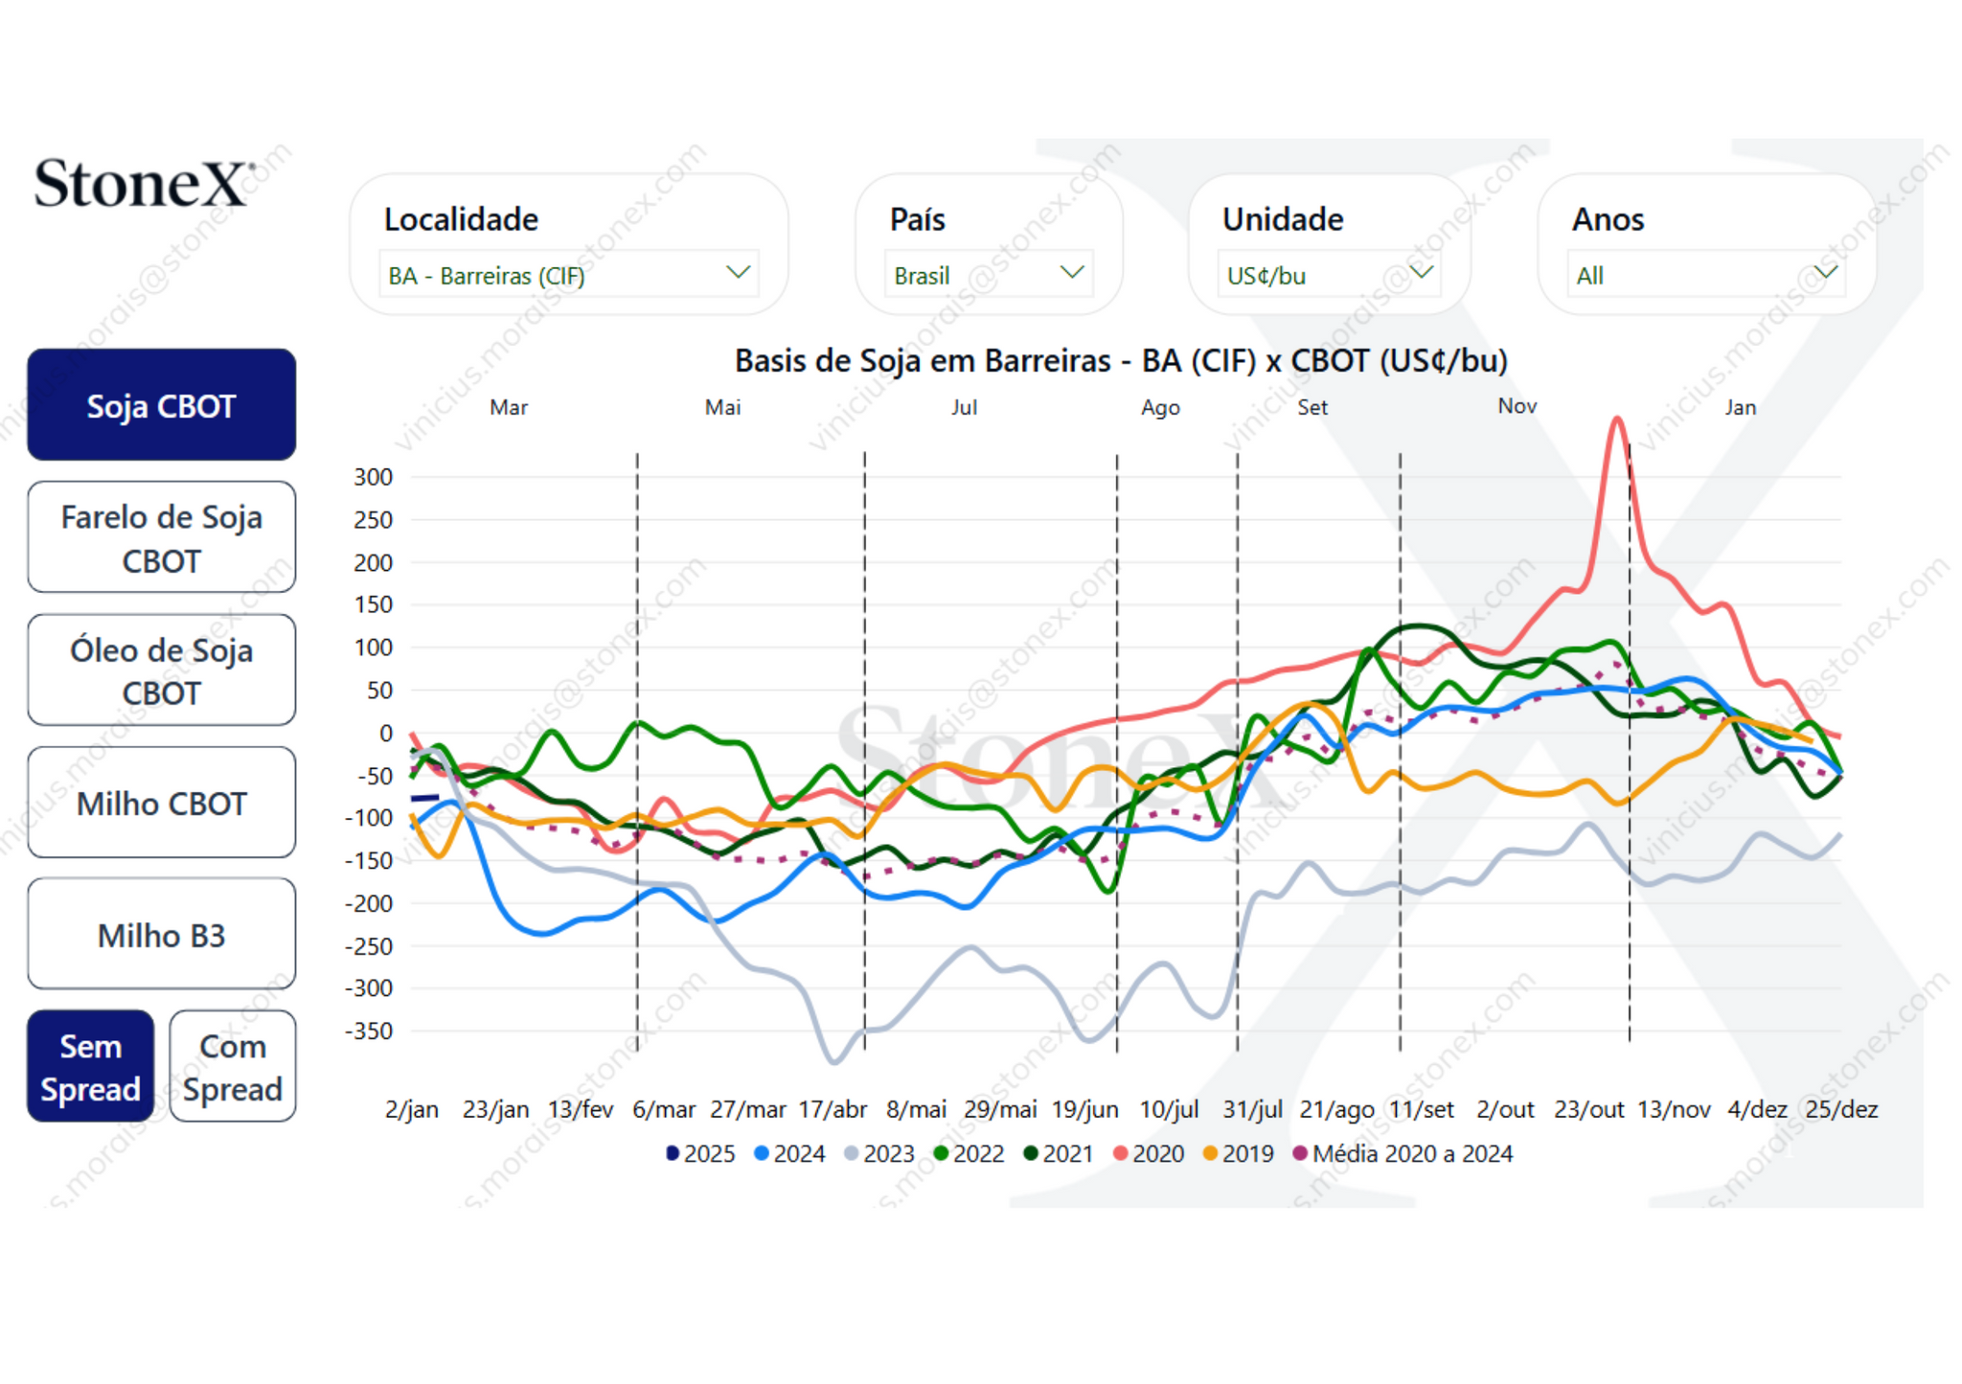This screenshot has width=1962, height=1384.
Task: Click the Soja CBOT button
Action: pos(161,405)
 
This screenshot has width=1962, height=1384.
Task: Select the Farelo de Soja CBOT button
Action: pos(161,537)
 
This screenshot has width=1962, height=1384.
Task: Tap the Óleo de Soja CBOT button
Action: pos(161,669)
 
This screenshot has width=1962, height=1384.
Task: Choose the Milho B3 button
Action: pos(161,934)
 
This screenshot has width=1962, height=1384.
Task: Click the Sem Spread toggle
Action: pos(90,1066)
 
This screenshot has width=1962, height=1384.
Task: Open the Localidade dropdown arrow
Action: pos(737,273)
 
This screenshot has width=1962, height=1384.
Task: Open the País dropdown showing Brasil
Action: pos(988,275)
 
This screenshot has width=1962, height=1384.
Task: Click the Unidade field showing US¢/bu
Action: pos(1328,275)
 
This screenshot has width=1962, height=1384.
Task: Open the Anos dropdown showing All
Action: pos(1705,275)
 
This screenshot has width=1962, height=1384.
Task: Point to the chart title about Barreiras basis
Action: pos(1121,361)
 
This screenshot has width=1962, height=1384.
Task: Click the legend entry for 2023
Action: pos(879,1153)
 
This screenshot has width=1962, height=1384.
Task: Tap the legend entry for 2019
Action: pos(1239,1153)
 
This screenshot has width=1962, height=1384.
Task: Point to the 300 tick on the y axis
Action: pos(374,477)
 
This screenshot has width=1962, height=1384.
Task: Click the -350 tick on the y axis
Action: pos(370,1032)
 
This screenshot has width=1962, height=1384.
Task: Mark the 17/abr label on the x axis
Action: pos(833,1109)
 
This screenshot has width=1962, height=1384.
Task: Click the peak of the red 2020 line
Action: pos(1617,419)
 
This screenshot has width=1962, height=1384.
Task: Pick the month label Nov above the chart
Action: pos(1517,406)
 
